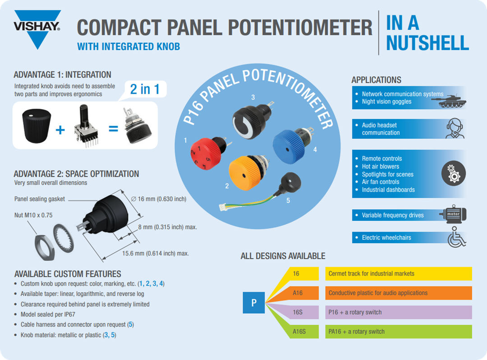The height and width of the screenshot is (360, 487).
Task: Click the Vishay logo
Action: (x=37, y=28)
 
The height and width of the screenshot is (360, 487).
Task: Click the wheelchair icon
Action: (x=456, y=237)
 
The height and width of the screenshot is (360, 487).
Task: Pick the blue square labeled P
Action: (x=254, y=303)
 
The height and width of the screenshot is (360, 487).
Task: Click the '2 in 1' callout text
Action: (x=145, y=89)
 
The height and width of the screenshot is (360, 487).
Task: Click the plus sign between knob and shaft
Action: (x=60, y=130)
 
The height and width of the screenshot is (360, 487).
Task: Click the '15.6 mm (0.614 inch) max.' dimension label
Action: (x=156, y=253)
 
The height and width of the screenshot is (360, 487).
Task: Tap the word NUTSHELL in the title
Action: (x=427, y=43)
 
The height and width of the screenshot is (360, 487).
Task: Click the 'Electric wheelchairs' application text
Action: (x=386, y=237)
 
